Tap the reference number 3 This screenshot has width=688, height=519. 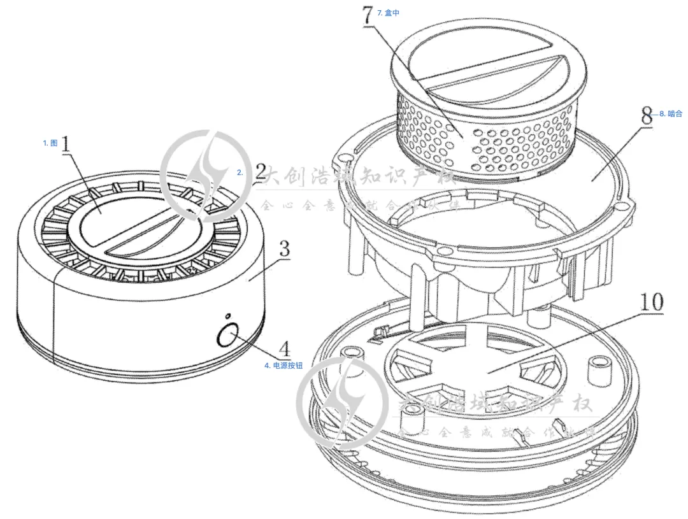[284, 248]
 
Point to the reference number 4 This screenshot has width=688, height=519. [284, 348]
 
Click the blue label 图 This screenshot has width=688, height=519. [50, 143]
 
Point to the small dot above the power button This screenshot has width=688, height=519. [227, 316]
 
